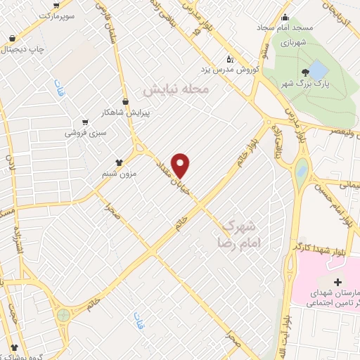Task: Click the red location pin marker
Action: pos(181,165)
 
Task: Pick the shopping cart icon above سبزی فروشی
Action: pos(85,122)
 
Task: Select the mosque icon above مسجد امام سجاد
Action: pos(284,18)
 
